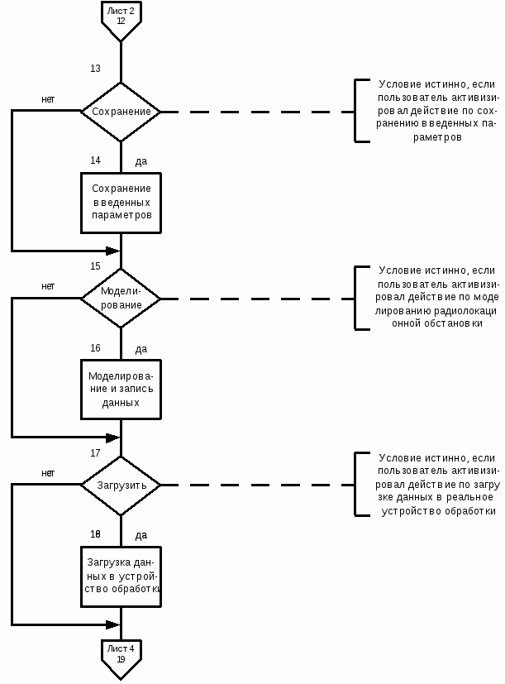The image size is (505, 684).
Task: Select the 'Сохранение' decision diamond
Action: pos(121,112)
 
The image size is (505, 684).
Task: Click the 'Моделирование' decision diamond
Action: pos(121,299)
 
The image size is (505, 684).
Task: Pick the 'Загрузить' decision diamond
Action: pos(121,485)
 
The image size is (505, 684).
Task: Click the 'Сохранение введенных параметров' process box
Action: pos(121,203)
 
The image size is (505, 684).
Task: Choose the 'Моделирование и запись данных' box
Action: pos(121,389)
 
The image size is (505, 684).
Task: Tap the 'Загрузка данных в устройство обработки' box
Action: pos(121,576)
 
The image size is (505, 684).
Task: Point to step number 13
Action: pos(96,69)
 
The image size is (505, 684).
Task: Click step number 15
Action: pos(96,266)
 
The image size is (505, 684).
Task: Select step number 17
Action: pos(96,453)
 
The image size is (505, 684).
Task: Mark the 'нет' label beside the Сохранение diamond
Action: pos(48,99)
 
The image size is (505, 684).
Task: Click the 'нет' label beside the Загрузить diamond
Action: pos(48,473)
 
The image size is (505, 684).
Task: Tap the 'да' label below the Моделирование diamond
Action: pos(141,349)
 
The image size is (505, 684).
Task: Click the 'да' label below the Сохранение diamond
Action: pos(141,162)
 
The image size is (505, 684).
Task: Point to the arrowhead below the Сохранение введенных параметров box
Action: pos(113,251)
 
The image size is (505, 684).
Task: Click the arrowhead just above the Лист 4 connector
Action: pos(113,624)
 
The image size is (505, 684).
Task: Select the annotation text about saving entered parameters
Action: pos(436,111)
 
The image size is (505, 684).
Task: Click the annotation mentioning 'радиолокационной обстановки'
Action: pos(437,297)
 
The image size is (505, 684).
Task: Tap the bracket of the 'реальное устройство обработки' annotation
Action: pos(356,484)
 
